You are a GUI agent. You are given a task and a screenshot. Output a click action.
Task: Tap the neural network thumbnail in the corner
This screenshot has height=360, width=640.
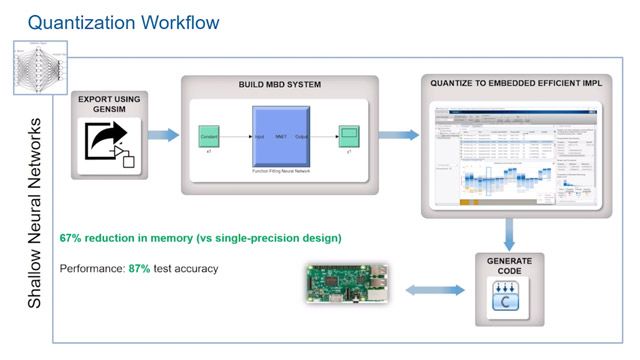point(38,68)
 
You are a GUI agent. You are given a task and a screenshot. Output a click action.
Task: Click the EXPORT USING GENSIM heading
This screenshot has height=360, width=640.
point(111,104)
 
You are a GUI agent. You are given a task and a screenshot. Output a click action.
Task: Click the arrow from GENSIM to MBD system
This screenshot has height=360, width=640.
point(164,134)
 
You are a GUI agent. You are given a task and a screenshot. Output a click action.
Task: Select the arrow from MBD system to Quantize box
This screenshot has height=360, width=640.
point(397,134)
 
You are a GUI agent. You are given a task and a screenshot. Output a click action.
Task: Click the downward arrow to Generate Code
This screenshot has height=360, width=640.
point(509,235)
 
